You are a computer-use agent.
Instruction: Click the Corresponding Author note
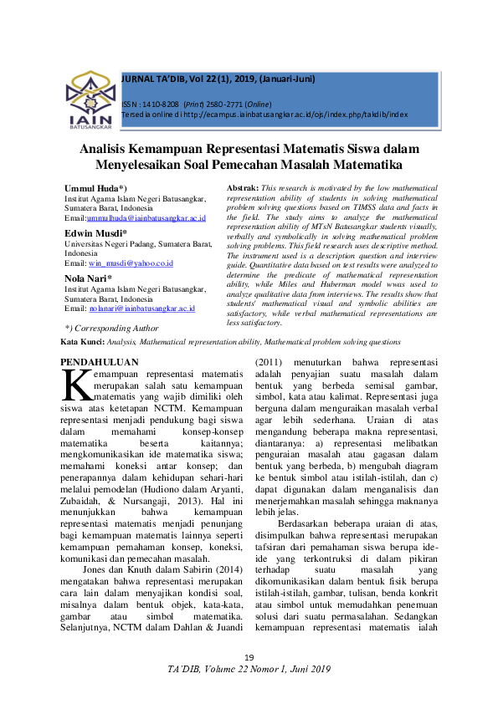[100, 329]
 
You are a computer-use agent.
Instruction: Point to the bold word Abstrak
[243, 188]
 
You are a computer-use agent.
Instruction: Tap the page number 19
[249, 659]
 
